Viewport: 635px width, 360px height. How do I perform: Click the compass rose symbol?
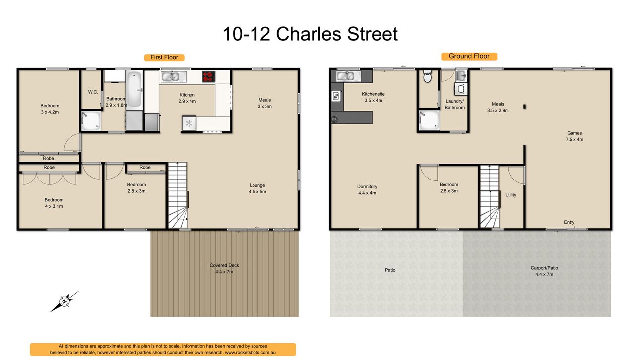pos(64,301)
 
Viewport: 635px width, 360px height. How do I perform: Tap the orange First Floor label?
pos(164,57)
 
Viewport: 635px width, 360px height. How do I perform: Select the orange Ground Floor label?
pos(469,56)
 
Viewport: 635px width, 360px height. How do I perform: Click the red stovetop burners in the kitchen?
pos(209,76)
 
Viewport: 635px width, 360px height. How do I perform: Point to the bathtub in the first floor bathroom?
pos(134,89)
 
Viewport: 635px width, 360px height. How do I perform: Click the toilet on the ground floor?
pos(427,76)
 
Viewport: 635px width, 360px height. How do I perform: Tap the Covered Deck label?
pos(224,268)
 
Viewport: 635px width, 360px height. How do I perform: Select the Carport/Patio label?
pos(544,271)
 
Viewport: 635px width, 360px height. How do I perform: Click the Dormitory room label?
pos(367,190)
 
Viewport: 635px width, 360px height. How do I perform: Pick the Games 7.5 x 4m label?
pos(574,136)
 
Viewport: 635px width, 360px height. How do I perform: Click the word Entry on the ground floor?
pos(569,222)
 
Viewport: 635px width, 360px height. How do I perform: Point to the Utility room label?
pos(511,195)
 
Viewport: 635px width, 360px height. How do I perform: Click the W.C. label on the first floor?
pos(93,92)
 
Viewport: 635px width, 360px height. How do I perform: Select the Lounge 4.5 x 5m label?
pos(257,188)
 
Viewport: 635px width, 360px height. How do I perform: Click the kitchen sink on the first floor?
pos(173,76)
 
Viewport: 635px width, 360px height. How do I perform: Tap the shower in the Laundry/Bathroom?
pos(429,120)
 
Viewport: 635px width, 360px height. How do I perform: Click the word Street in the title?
pos(372,34)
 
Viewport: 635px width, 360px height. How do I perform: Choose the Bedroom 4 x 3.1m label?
pos(54,203)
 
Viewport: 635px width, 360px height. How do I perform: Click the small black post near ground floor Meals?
pos(525,107)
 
